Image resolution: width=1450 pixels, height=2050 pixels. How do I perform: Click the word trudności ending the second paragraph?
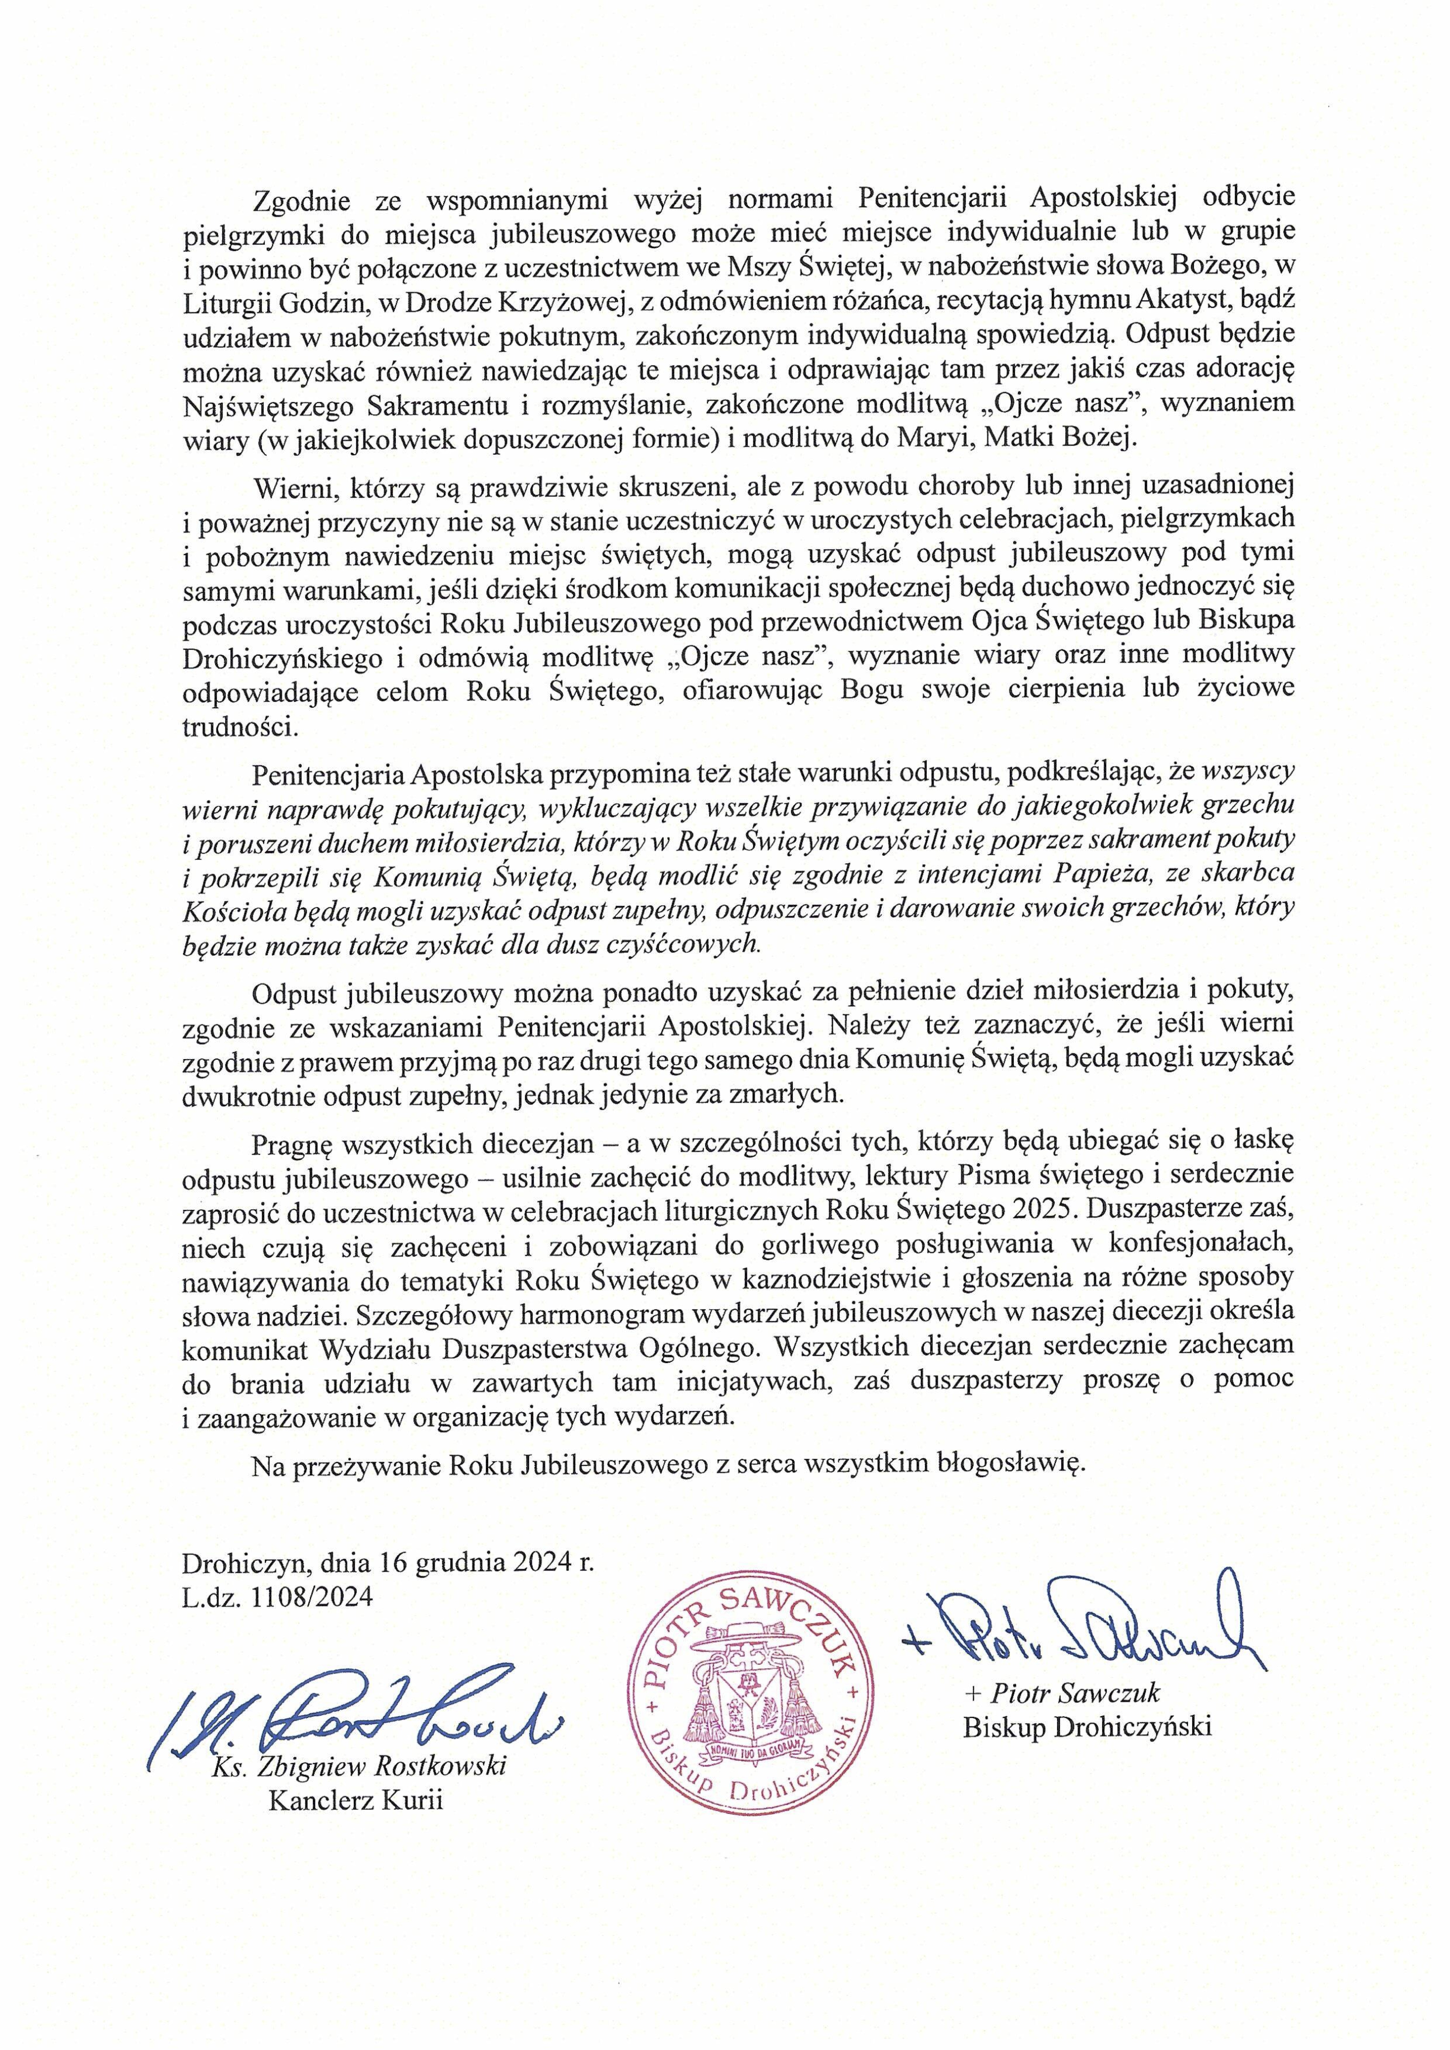[239, 727]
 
